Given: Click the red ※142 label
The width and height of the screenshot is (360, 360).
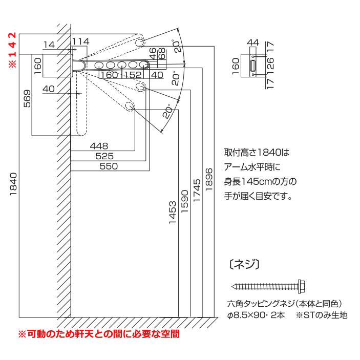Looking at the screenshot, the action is click(x=13, y=50).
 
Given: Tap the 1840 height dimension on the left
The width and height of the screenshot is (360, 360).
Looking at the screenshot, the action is click(x=13, y=184).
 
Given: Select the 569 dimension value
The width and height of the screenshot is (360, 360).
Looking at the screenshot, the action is click(x=27, y=98).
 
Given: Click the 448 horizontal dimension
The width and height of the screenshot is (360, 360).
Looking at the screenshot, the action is click(x=99, y=146).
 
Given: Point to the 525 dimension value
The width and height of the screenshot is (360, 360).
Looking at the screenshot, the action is click(x=104, y=156).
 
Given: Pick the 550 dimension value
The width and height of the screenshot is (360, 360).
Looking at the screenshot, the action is click(x=109, y=166).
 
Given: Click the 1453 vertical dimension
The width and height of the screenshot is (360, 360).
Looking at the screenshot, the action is click(x=173, y=213).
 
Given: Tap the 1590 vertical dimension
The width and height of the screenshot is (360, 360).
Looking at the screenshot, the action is click(x=184, y=201).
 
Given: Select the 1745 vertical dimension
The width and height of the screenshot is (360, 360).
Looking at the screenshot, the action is click(x=197, y=190).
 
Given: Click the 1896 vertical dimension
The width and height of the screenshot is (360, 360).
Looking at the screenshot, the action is click(x=209, y=180).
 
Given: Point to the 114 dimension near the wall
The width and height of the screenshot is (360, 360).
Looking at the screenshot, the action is click(x=80, y=41).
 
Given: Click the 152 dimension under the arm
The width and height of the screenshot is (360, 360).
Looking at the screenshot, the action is click(x=133, y=75).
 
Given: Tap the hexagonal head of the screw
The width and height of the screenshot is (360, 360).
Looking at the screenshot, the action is click(x=302, y=287).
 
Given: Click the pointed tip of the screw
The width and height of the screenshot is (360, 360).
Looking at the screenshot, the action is click(x=232, y=287).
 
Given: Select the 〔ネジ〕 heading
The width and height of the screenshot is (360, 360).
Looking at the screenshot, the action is click(x=244, y=264).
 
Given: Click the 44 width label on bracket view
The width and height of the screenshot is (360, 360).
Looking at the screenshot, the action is click(x=253, y=43).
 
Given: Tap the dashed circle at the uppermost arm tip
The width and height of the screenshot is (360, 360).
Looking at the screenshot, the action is click(x=140, y=42).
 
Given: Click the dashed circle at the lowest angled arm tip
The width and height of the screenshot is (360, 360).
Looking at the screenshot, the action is click(x=130, y=106).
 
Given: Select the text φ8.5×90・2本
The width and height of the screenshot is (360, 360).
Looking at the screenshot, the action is click(x=256, y=315).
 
